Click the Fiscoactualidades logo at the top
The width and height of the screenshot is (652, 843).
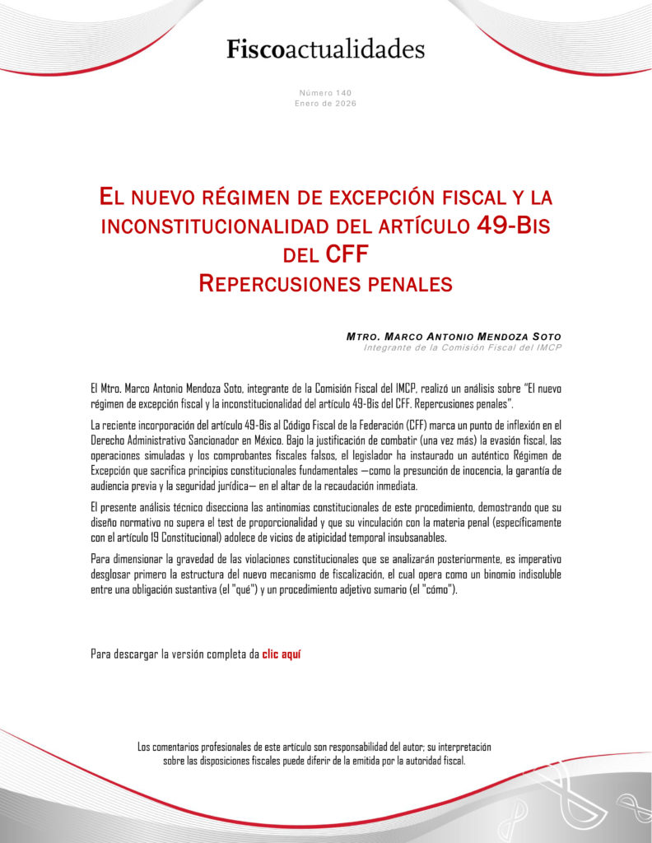(x=326, y=49)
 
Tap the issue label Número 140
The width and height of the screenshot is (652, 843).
(x=326, y=93)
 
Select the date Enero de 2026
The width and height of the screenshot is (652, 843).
(x=326, y=104)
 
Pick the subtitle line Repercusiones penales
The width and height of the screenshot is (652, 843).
(x=326, y=284)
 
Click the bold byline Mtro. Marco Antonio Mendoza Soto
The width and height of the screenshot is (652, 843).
(x=454, y=338)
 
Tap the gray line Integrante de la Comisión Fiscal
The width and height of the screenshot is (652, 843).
(x=462, y=348)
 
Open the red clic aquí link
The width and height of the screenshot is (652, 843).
(x=282, y=655)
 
